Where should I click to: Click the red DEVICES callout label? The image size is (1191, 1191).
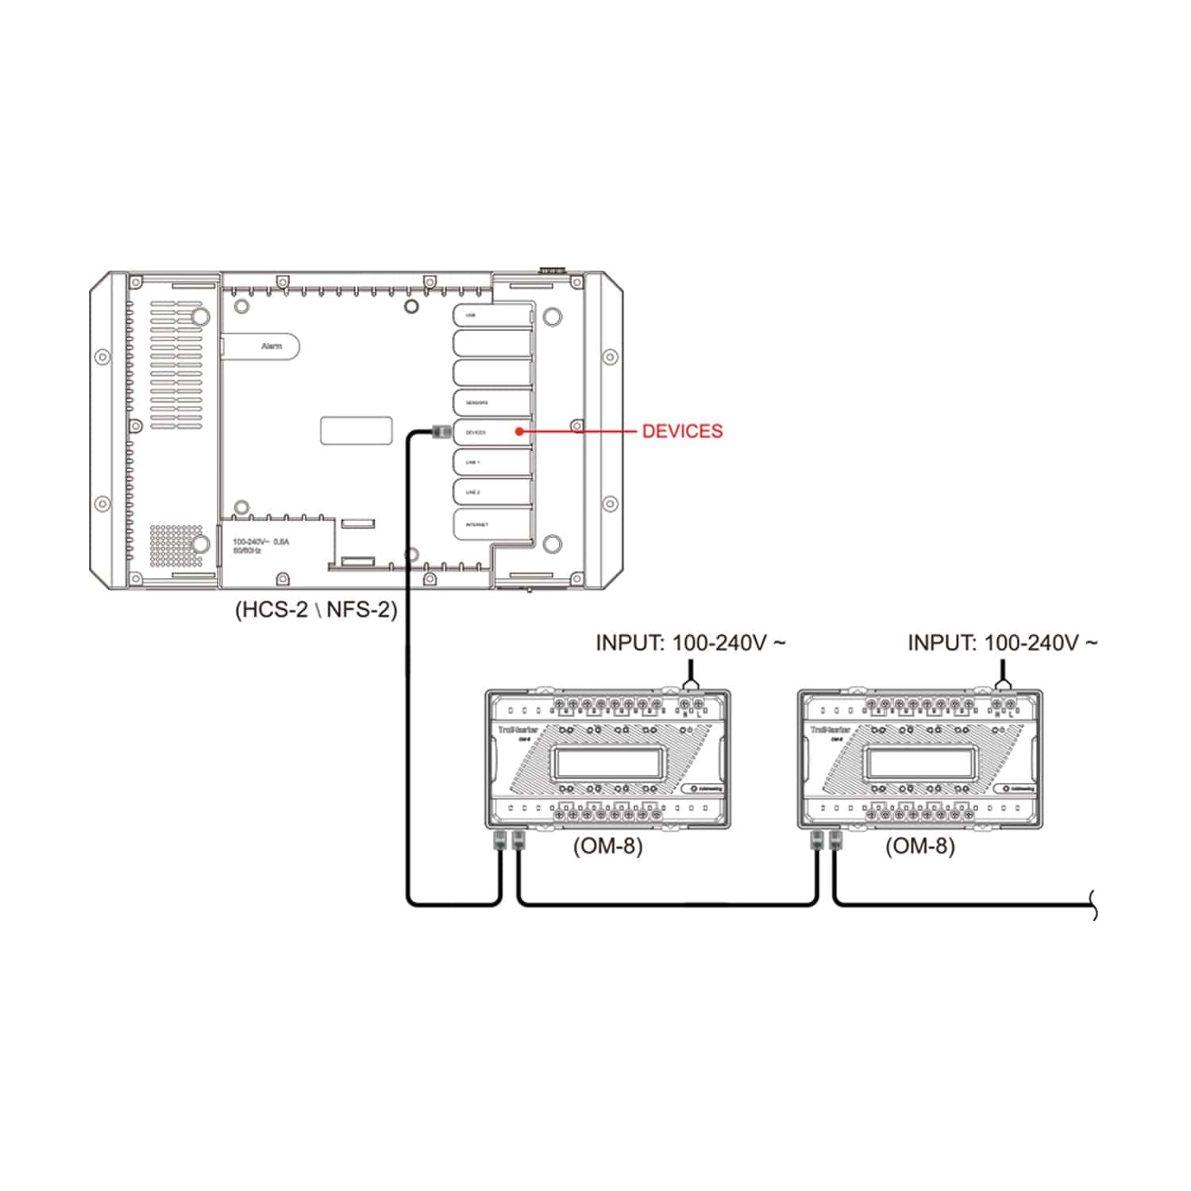(682, 431)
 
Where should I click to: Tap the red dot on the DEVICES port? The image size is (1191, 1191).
(518, 431)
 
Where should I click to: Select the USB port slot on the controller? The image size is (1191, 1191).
(491, 315)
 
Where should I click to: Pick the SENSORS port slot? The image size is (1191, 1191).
(491, 403)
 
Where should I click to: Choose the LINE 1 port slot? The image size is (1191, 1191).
(491, 462)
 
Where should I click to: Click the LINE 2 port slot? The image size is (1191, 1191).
(491, 492)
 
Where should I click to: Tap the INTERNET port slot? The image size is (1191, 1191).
(491, 524)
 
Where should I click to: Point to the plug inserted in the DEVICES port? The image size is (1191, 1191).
(441, 431)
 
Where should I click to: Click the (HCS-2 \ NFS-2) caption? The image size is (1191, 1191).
(315, 610)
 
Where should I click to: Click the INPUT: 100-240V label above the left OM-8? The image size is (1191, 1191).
(689, 642)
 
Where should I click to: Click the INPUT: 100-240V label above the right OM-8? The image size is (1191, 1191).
(1001, 642)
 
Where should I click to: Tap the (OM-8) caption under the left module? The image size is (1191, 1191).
(607, 846)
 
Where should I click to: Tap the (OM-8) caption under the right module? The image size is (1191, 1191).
(919, 846)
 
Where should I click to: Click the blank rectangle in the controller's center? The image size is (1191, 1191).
(356, 430)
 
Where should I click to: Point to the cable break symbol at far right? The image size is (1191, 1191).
(1093, 905)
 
